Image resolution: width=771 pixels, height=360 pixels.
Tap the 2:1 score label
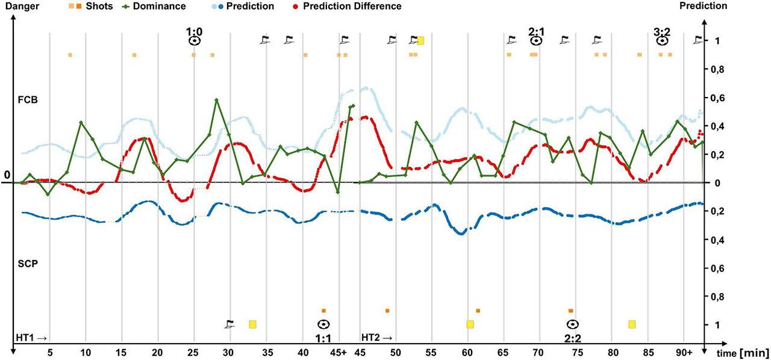[x=537, y=29]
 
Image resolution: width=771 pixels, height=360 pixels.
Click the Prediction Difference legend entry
[x=352, y=7]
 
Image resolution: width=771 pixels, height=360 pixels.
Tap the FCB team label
[x=28, y=101]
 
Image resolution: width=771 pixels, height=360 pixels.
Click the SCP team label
[x=28, y=264]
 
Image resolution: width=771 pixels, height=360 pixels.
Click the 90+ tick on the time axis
[x=685, y=352]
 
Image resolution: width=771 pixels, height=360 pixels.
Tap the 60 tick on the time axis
[x=467, y=352]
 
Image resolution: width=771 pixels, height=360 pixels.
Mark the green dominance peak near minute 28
[x=216, y=100]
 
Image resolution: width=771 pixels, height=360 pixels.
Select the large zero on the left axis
[x=7, y=175]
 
